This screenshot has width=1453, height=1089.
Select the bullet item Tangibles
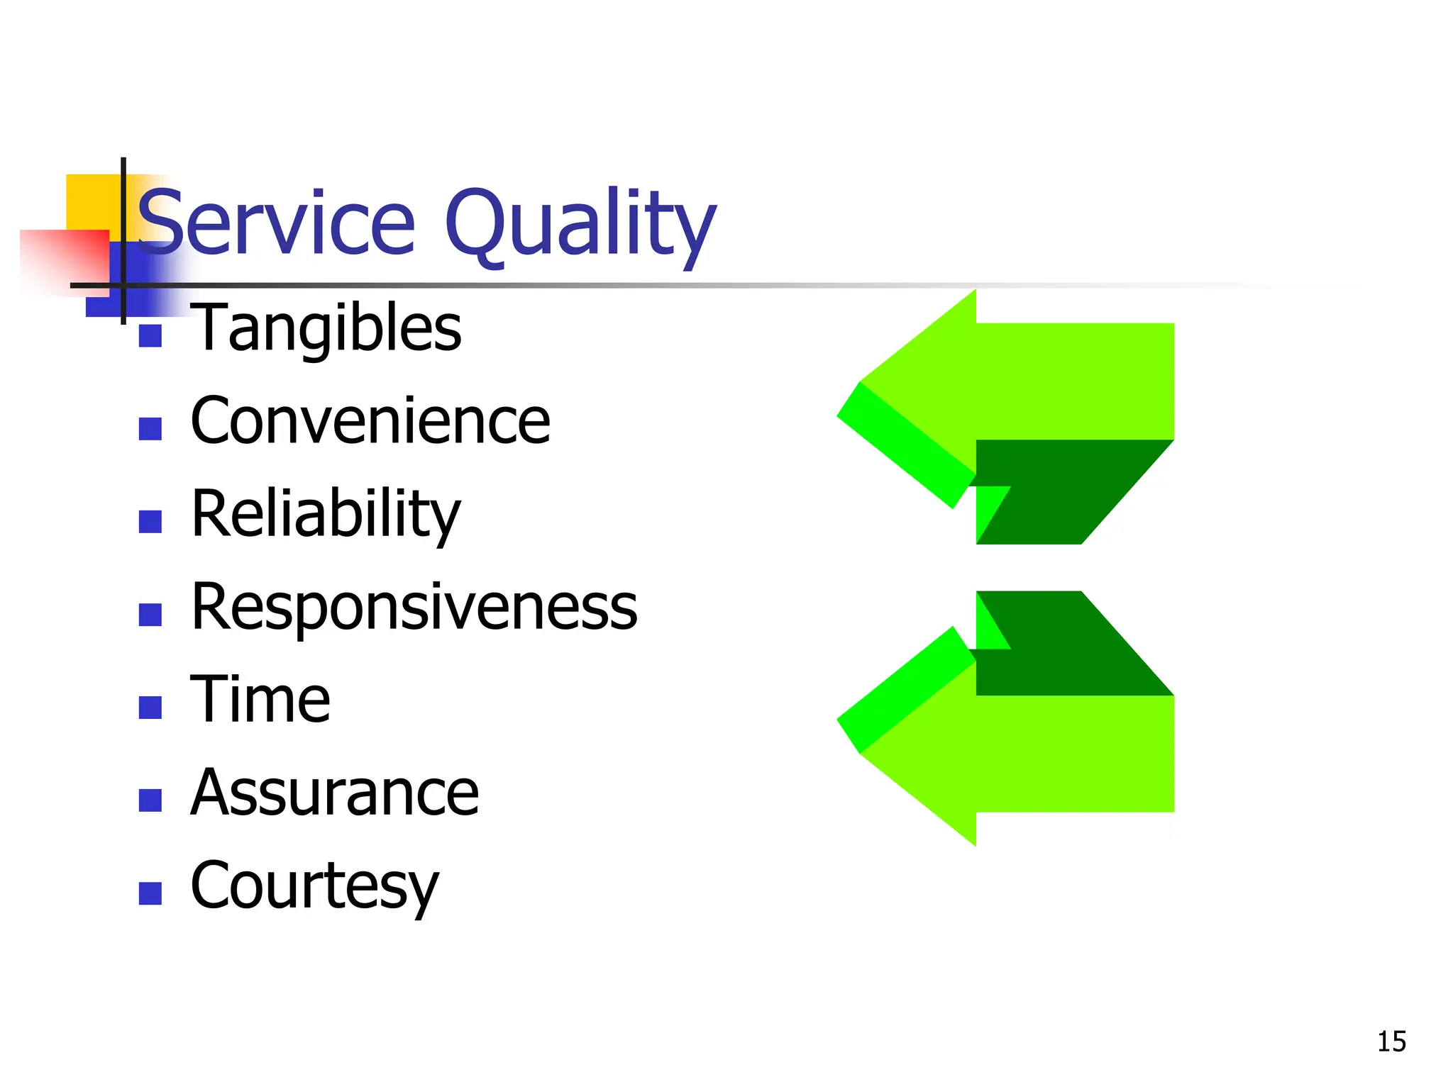(x=326, y=328)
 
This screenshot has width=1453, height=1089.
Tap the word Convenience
(x=370, y=421)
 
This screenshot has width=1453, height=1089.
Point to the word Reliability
(x=326, y=514)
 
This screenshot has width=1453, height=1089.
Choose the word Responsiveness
(x=414, y=607)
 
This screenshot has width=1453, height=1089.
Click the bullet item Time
(x=260, y=700)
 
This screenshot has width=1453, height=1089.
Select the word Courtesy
(x=315, y=886)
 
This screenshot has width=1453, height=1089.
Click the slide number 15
(x=1391, y=1041)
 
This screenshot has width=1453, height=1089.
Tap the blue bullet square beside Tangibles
(x=150, y=335)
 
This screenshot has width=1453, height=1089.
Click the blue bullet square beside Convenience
(x=150, y=428)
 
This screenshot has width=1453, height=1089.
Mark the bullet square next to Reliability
(x=150, y=521)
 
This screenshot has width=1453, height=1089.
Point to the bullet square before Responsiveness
(x=150, y=614)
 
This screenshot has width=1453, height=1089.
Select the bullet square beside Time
(x=150, y=707)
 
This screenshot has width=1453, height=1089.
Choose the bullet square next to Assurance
(x=150, y=800)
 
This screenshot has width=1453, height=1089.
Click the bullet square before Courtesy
(x=150, y=893)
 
